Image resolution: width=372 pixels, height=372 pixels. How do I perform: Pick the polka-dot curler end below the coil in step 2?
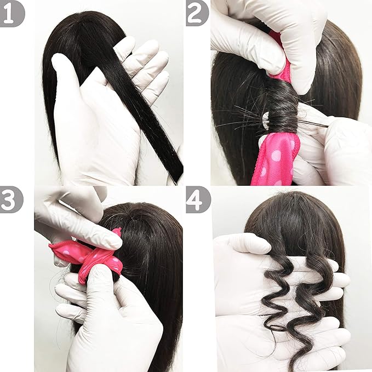pyautogui.click(x=277, y=159)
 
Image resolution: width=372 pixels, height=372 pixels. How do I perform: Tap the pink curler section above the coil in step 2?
pyautogui.click(x=285, y=68)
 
